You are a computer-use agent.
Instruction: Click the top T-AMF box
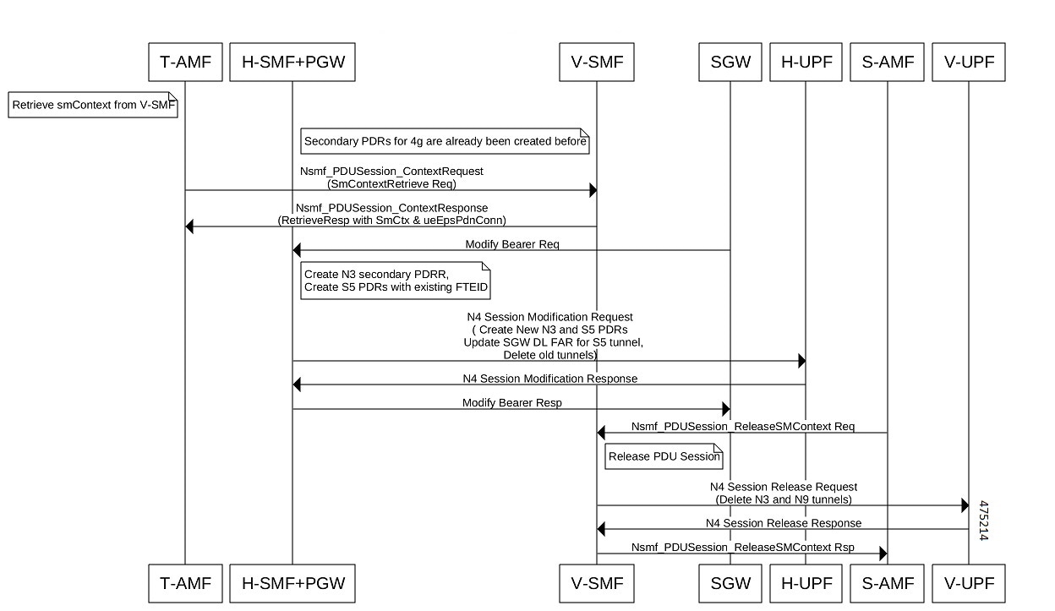185,63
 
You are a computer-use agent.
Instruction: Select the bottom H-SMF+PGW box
292,583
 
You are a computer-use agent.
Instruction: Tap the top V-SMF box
597,63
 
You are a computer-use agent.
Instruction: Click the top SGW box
730,63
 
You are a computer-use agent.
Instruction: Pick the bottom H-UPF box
806,583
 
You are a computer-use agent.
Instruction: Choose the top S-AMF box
887,63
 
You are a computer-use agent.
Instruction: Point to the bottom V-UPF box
968,583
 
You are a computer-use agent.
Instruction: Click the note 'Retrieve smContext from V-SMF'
93,105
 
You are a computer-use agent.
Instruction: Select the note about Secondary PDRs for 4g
445,141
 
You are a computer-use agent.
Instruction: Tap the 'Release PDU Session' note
664,456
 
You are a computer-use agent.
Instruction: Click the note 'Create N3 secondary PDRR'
396,281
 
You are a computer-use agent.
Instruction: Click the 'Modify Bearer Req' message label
512,244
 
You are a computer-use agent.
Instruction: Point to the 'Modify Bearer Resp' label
512,402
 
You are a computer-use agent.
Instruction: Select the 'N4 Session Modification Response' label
549,379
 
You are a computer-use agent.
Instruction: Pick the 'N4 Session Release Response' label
784,523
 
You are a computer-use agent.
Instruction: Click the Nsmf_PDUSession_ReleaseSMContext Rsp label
743,547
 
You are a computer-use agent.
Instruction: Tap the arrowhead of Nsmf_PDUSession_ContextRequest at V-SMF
593,190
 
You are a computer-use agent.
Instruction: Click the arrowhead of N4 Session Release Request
965,505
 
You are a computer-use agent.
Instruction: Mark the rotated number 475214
983,520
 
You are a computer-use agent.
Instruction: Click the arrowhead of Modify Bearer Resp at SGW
726,408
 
